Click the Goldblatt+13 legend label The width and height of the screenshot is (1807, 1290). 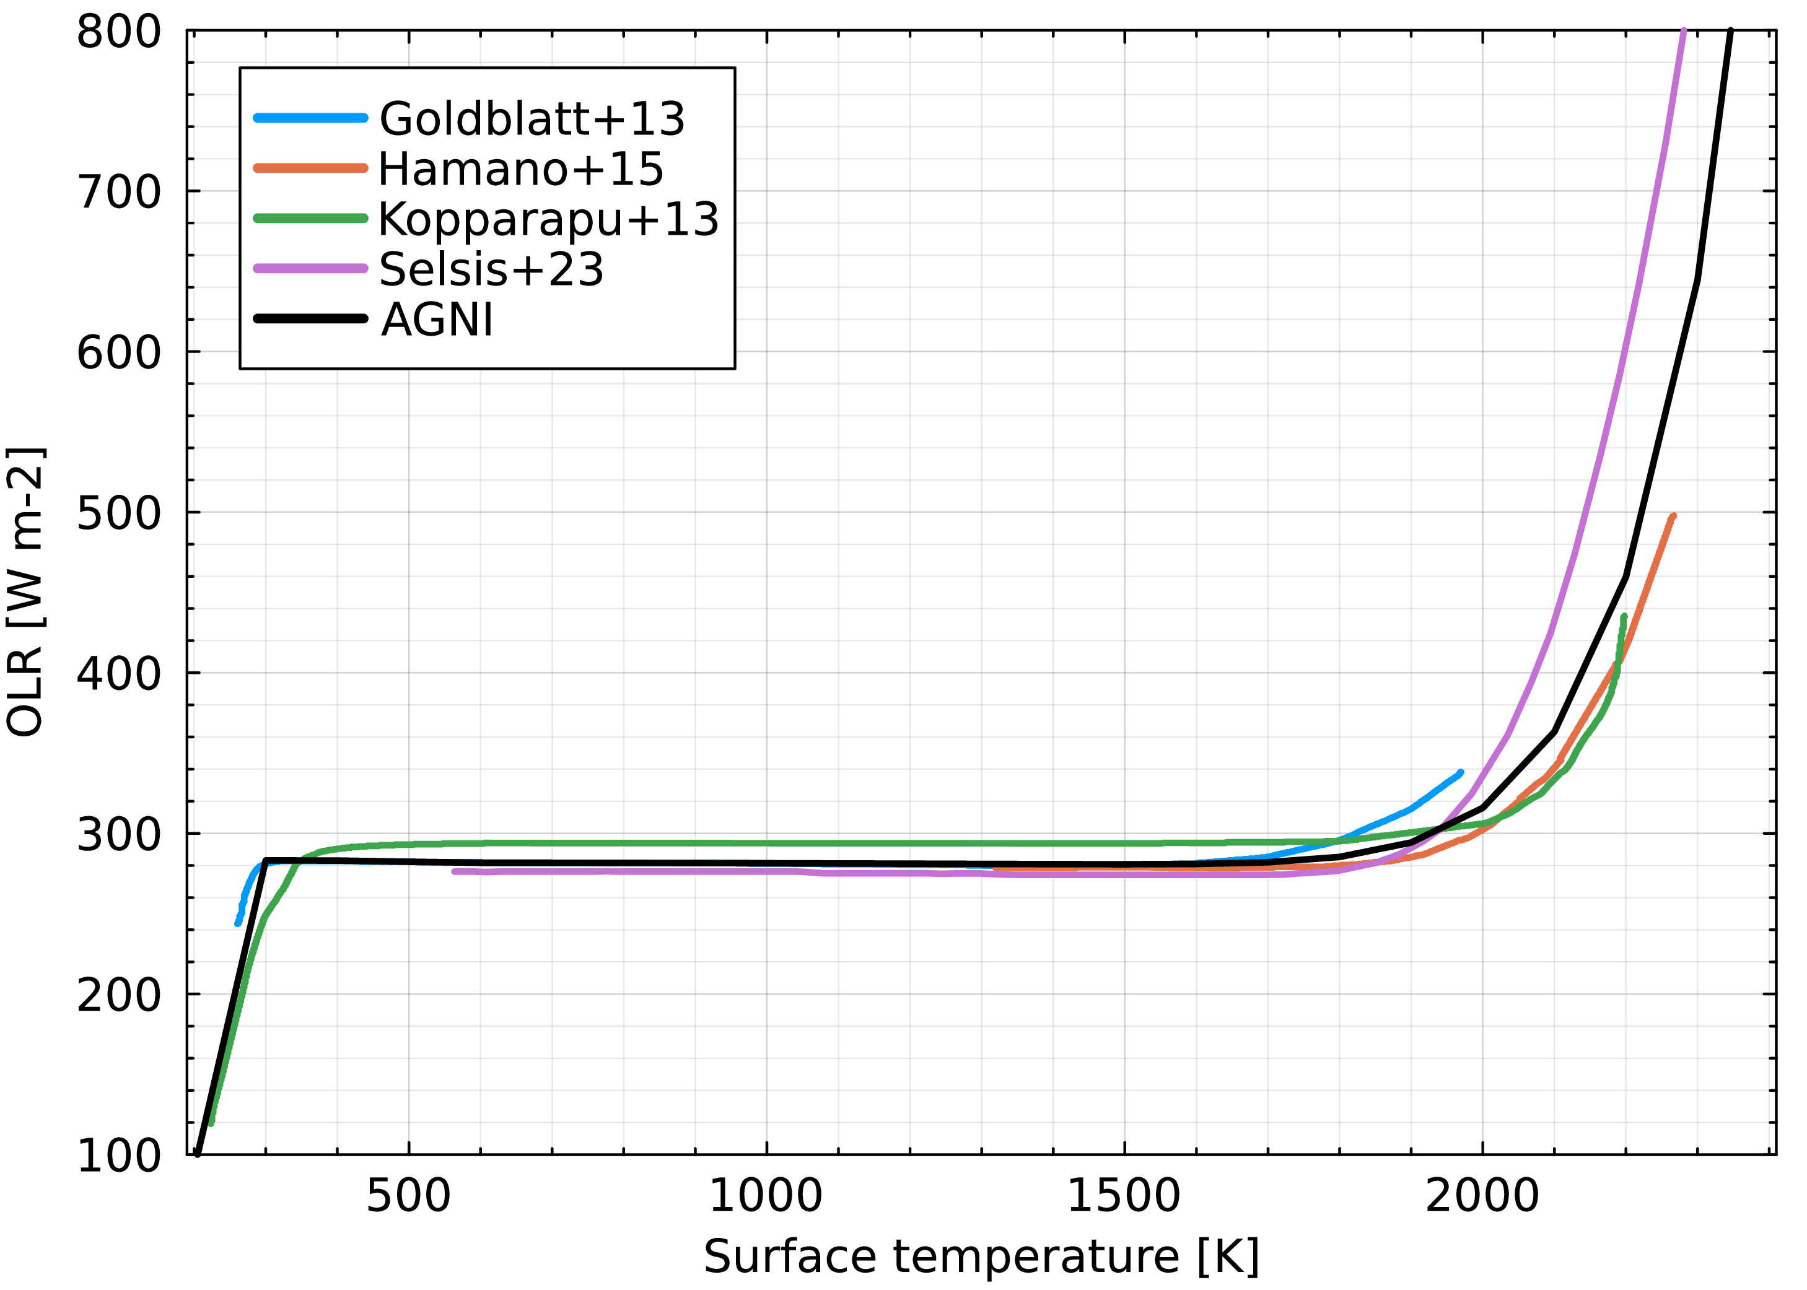pyautogui.click(x=532, y=119)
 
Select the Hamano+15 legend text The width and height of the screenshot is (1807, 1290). pyautogui.click(x=520, y=169)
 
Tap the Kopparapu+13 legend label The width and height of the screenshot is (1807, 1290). pyautogui.click(x=548, y=219)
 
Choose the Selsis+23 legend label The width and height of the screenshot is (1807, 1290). pyautogui.click(x=491, y=270)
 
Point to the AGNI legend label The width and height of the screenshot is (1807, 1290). pyautogui.click(x=437, y=320)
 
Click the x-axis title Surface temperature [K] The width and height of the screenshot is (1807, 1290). pyautogui.click(x=981, y=1257)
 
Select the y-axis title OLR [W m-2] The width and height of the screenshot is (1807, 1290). pyautogui.click(x=25, y=593)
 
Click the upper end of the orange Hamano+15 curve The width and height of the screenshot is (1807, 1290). pyautogui.click(x=1673, y=517)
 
